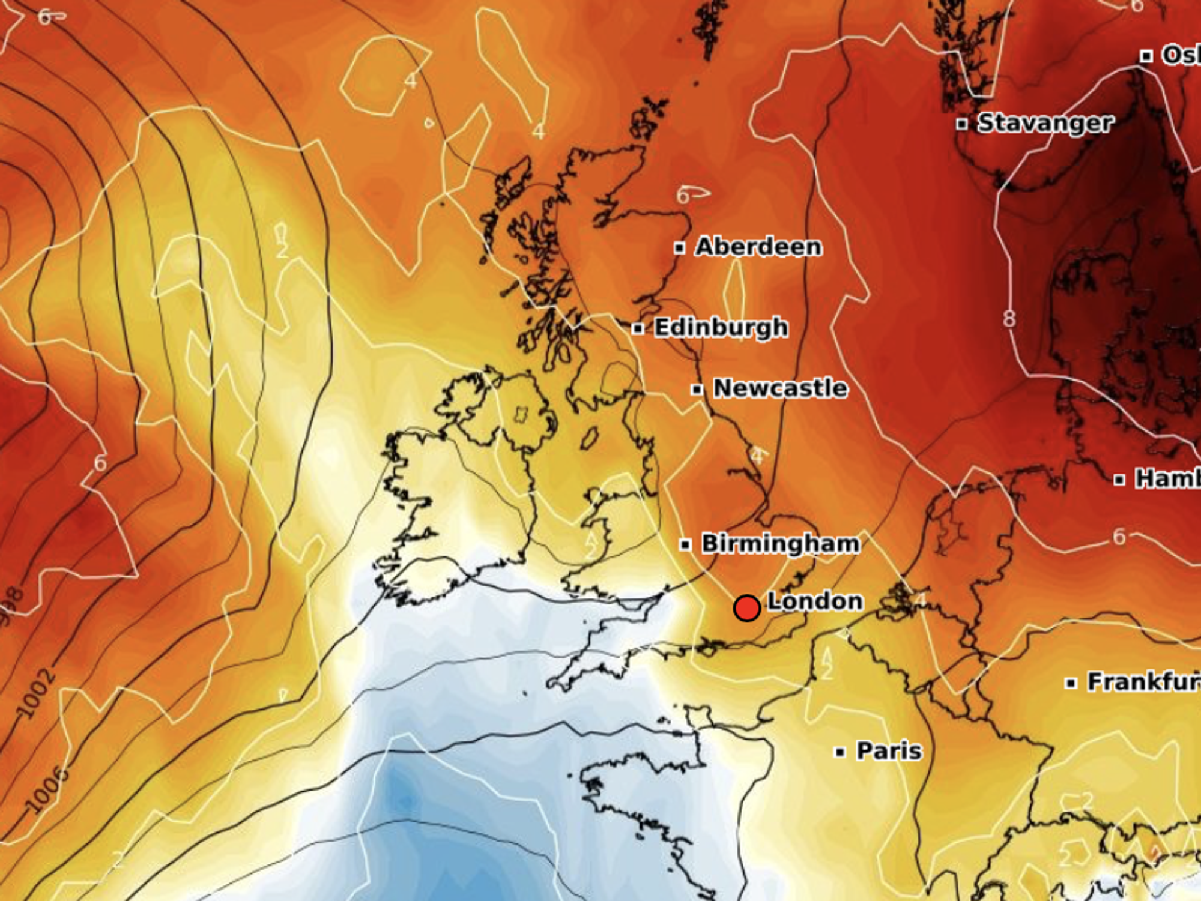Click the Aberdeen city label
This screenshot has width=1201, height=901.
[x=758, y=247]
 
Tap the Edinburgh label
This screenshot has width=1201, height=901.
[x=721, y=328]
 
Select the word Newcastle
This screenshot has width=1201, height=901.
[x=780, y=388]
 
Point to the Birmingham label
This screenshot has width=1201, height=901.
[x=780, y=544]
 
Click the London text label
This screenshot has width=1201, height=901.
[x=815, y=601]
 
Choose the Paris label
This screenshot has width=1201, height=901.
[x=889, y=751]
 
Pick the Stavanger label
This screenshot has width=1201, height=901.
[x=1045, y=123]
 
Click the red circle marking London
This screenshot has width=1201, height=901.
[x=747, y=608]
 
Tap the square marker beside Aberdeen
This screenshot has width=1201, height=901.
[x=679, y=247]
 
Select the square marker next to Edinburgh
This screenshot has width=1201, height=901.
[x=638, y=328]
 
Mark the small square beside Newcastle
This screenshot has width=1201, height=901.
[x=697, y=390]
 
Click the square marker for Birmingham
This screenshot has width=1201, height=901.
[x=685, y=545]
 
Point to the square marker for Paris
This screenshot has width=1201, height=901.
[x=840, y=752]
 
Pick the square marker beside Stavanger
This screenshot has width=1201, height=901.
[x=962, y=124]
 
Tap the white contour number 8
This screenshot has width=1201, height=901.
[x=1009, y=319]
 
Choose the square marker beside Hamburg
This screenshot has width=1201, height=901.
[x=1119, y=480]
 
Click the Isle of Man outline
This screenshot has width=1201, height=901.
[x=590, y=438]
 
